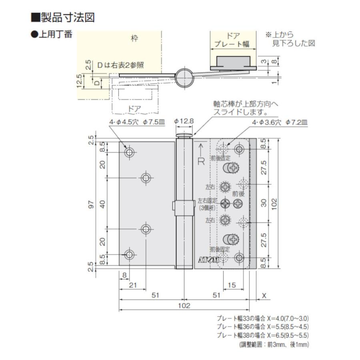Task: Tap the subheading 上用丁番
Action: tap(52, 34)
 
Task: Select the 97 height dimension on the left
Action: tap(91, 205)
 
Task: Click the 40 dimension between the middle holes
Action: tap(103, 204)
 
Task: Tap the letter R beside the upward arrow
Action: tap(201, 162)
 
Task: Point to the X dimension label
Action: tap(264, 296)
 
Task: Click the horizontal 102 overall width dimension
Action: tap(184, 306)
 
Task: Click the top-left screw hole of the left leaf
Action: tap(130, 152)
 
